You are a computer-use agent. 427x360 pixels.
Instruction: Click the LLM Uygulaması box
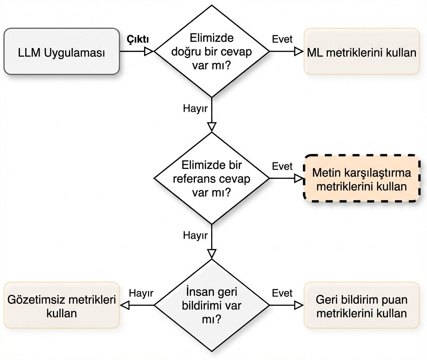point(61,51)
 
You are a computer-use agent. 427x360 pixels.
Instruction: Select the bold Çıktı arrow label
point(138,39)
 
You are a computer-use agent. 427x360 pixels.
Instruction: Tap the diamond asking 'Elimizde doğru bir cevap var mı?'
point(212,51)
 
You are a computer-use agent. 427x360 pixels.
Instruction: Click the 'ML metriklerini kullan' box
point(361,51)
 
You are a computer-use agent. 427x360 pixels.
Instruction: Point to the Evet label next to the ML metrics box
point(282,39)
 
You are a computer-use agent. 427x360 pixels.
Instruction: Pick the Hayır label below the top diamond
point(195,108)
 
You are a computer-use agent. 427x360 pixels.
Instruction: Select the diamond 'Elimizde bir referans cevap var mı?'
point(212,178)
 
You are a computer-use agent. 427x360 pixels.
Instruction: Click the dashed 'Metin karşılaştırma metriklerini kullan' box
point(361,178)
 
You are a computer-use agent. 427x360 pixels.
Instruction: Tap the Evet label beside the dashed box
point(282,166)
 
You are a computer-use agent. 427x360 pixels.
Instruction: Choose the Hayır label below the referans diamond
point(195,235)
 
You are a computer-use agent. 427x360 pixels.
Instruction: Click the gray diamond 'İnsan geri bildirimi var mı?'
point(212,305)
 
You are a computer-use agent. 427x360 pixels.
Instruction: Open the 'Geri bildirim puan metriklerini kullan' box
point(361,305)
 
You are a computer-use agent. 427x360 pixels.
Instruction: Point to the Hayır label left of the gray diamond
point(141,293)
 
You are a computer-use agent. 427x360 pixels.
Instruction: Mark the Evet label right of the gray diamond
point(282,293)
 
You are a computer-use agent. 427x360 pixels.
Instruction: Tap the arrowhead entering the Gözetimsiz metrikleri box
point(125,305)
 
